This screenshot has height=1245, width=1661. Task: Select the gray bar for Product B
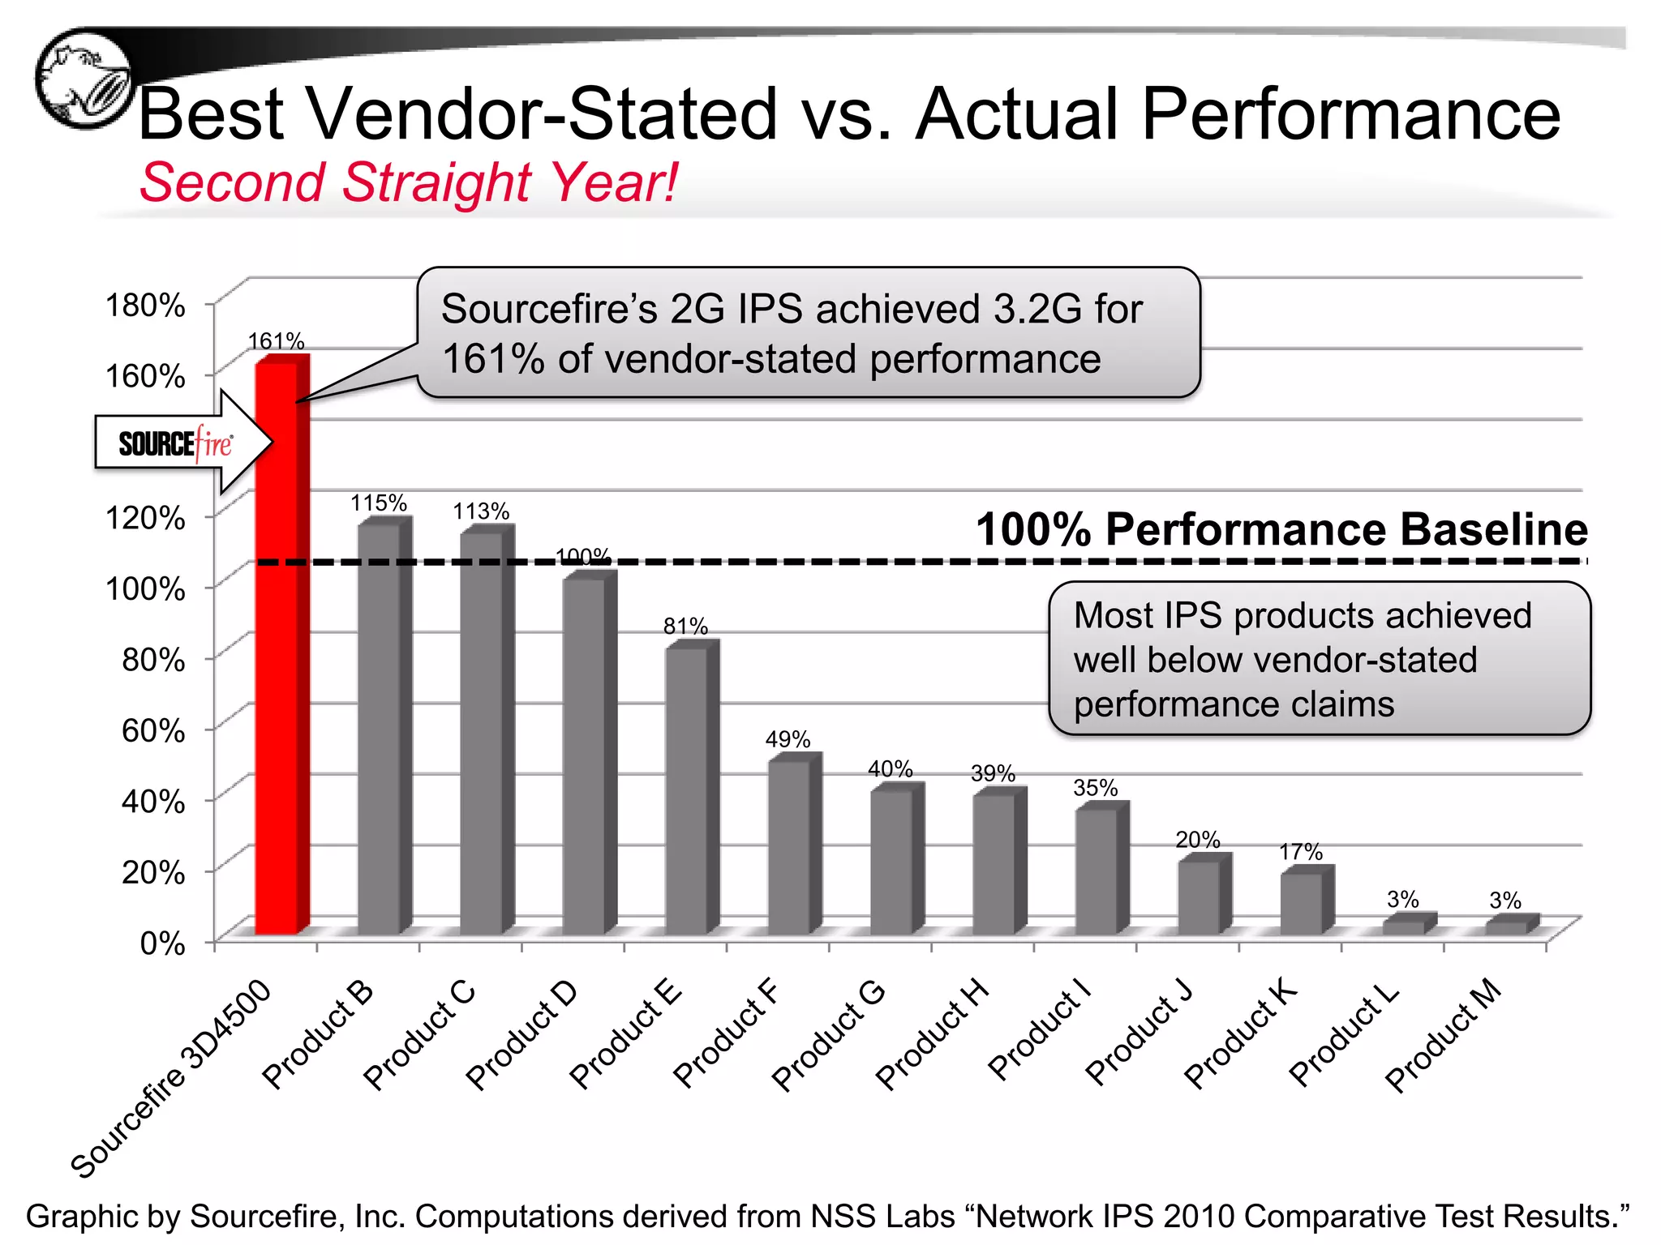click(380, 729)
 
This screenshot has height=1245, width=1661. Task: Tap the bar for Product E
click(687, 790)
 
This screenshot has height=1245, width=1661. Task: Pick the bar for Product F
click(789, 847)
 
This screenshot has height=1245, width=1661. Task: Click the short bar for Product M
click(1507, 926)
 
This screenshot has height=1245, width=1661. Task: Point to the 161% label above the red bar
click(276, 341)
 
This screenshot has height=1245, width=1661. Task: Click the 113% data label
click(481, 511)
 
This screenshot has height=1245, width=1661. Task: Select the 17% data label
click(1301, 852)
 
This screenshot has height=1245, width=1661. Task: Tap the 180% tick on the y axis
click(146, 306)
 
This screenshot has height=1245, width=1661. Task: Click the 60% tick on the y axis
click(153, 730)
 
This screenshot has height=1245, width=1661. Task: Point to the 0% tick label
click(162, 943)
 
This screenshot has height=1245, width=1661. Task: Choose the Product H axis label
click(933, 1035)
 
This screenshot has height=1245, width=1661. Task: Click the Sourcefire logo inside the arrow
click(175, 443)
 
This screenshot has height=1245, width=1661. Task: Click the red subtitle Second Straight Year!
click(408, 182)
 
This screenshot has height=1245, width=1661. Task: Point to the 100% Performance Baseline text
click(1281, 529)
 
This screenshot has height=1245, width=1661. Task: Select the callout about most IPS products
click(1319, 659)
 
